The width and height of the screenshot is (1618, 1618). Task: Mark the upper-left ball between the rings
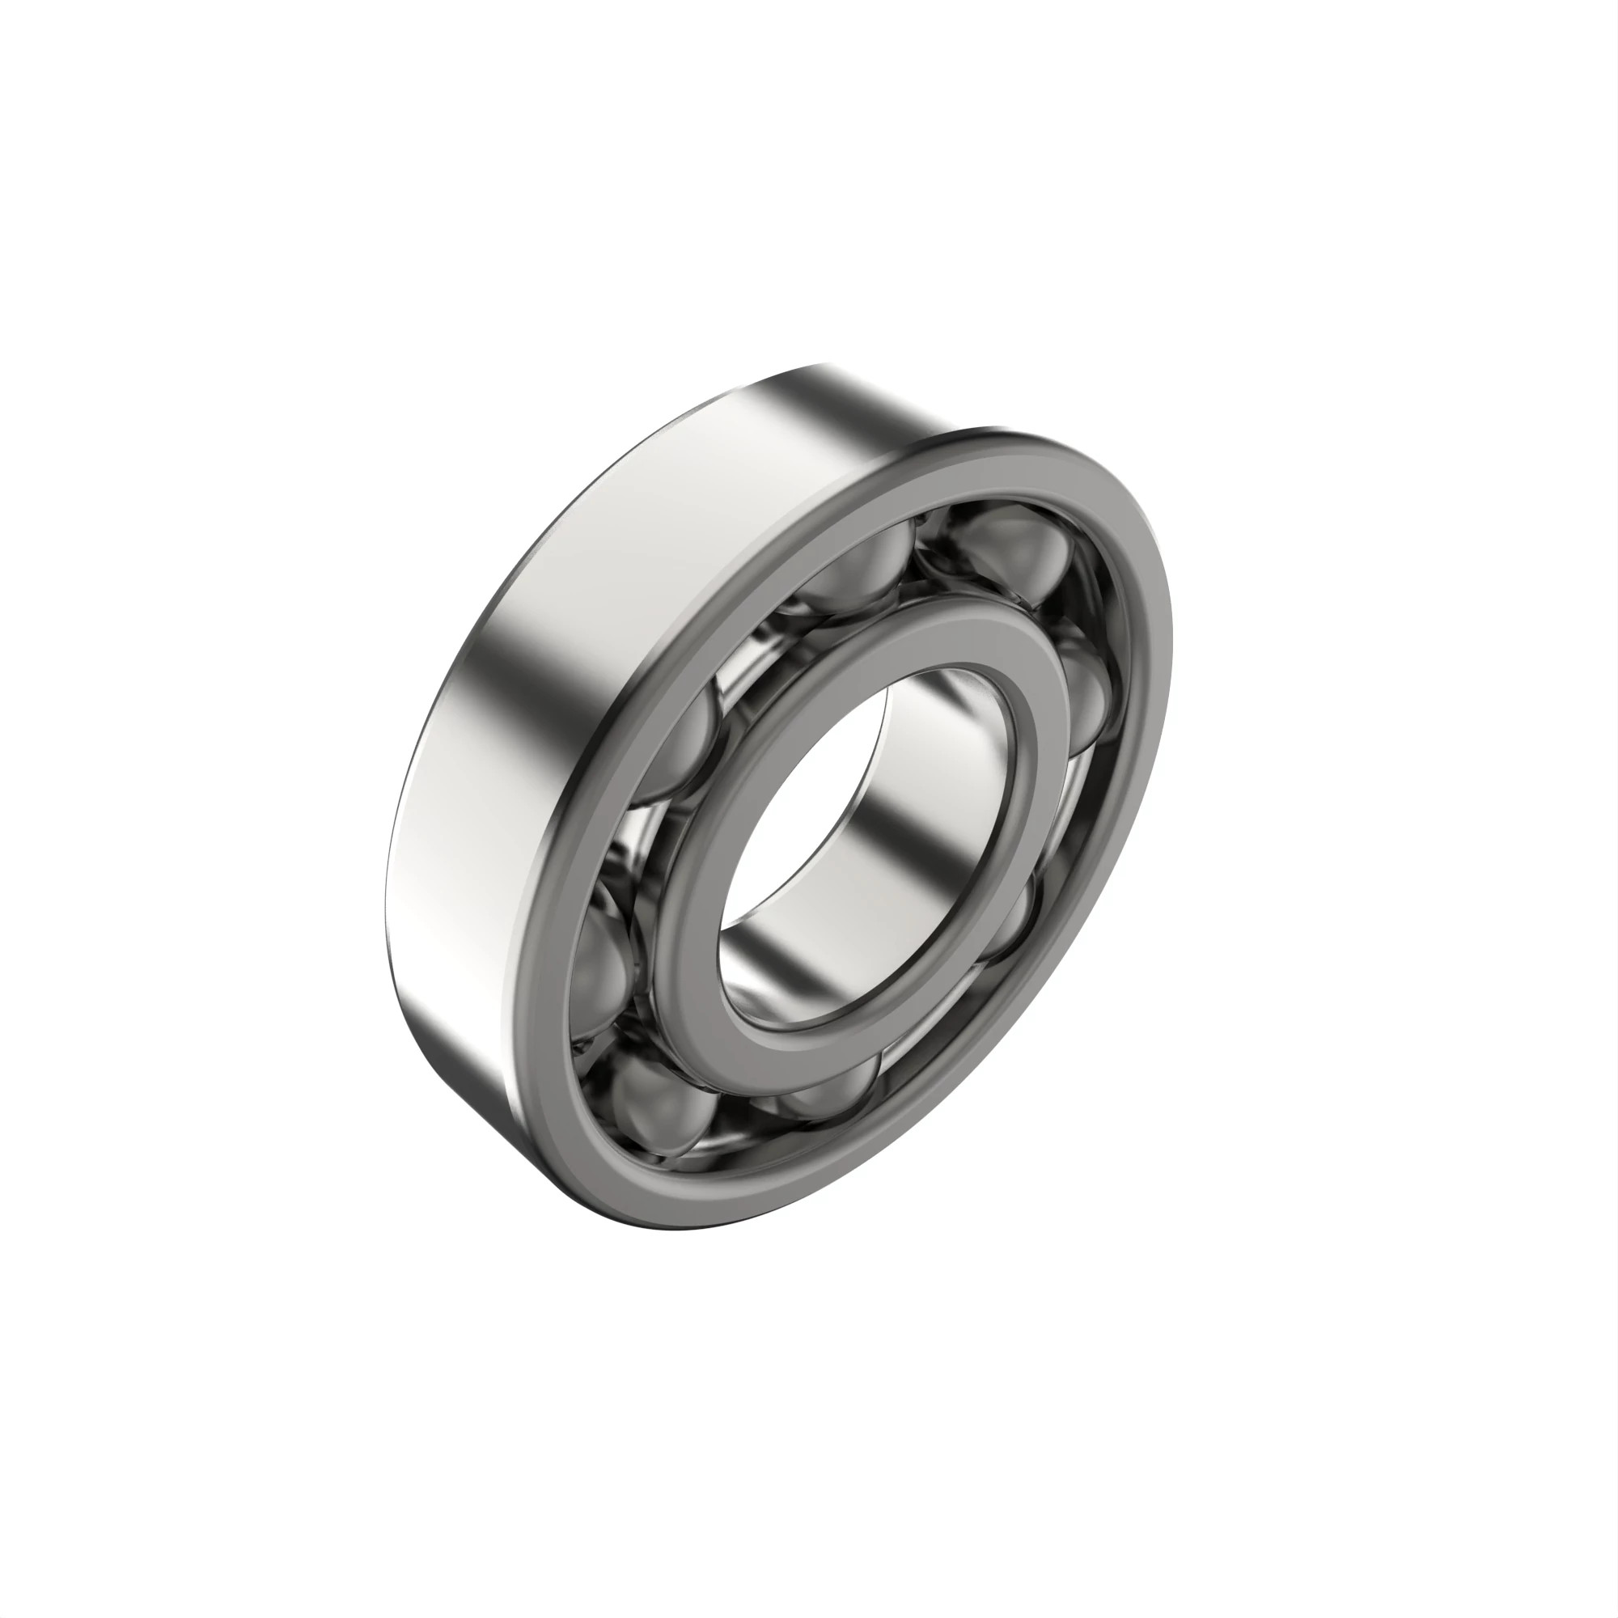coord(683,745)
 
